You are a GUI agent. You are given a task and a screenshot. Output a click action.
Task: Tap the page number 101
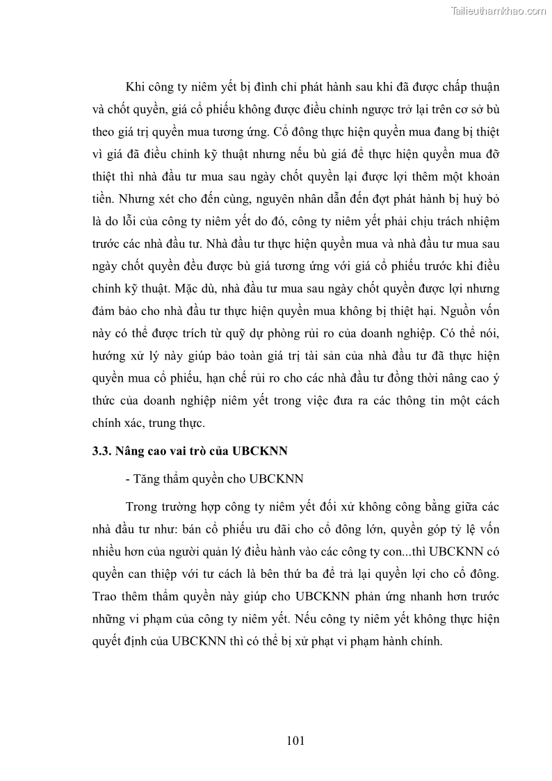click(x=295, y=740)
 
